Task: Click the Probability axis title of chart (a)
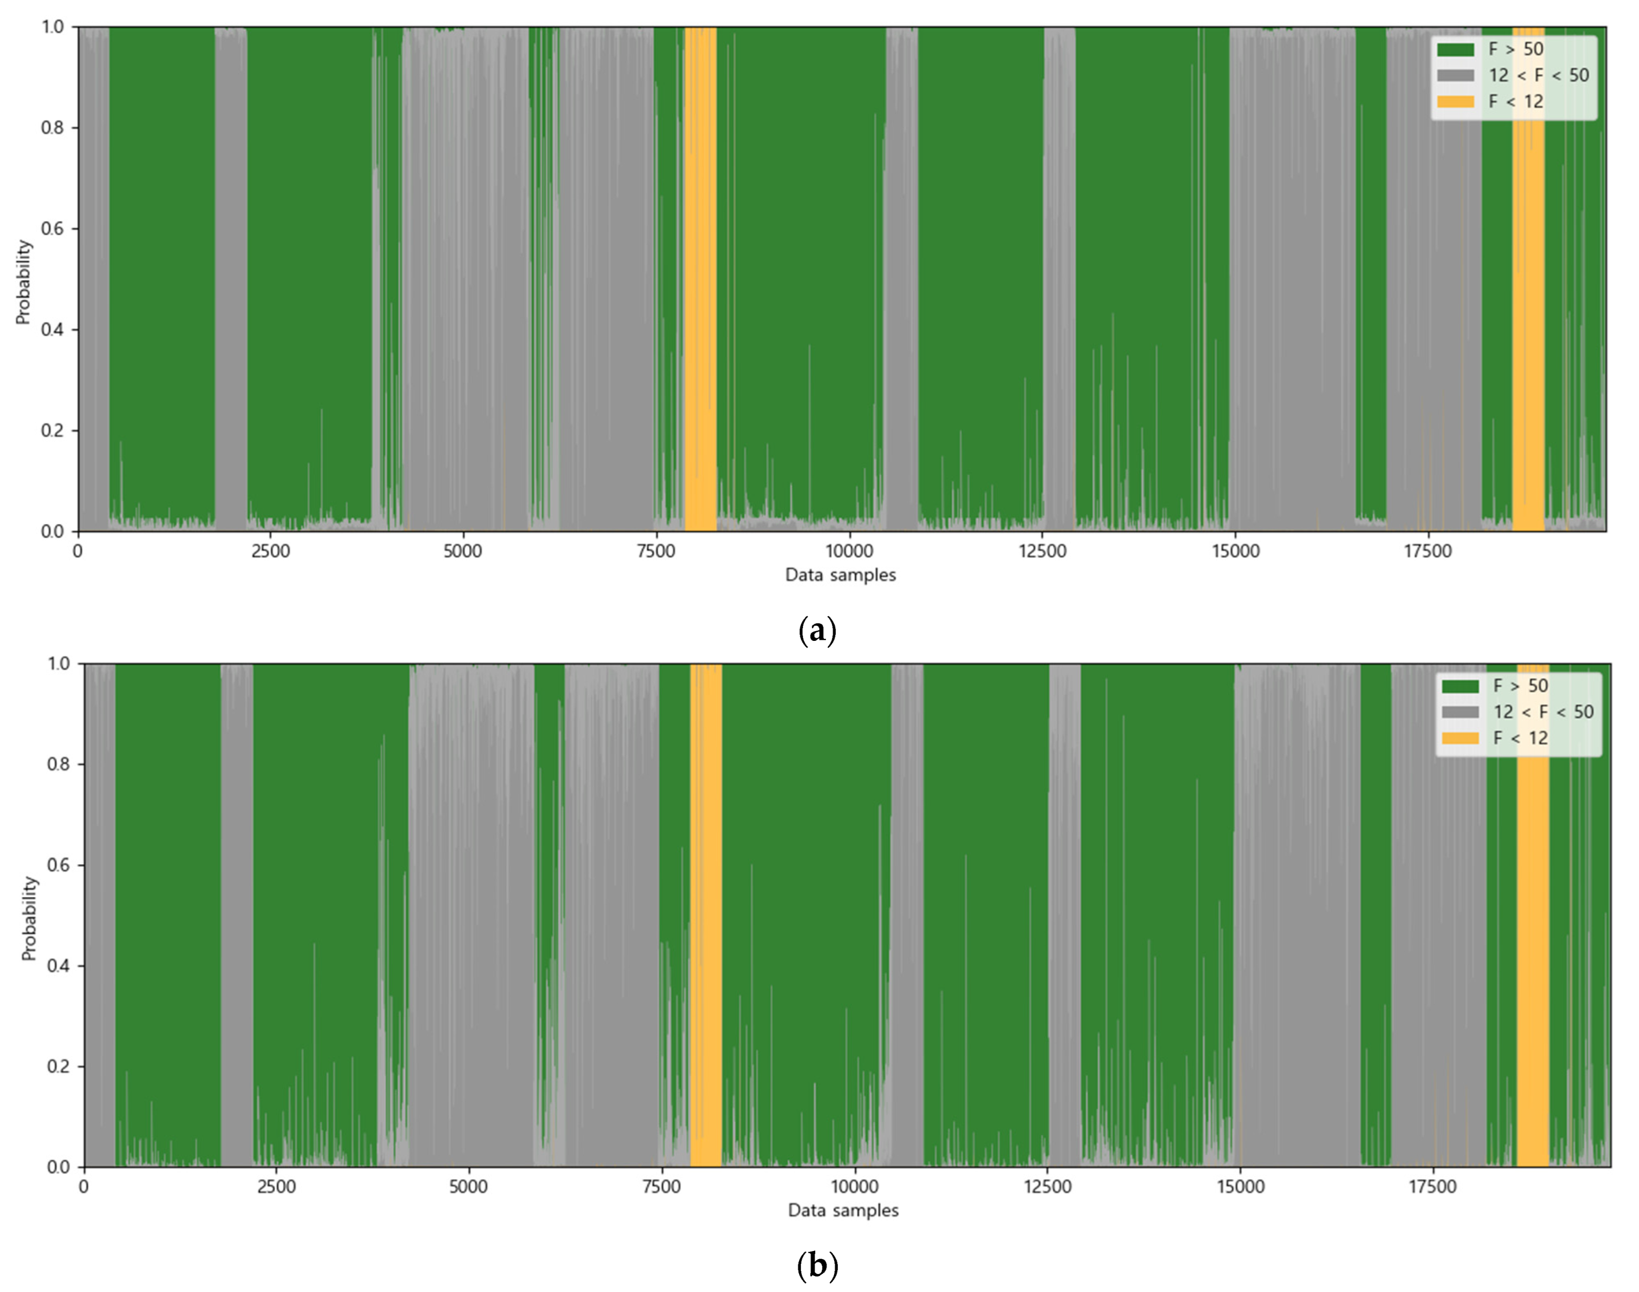pos(24,281)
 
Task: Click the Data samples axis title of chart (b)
pos(843,1211)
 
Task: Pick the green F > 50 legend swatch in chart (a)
pos(1455,50)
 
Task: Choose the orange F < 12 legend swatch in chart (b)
pos(1460,738)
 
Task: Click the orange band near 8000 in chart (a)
pos(700,280)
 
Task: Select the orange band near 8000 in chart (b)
pos(706,915)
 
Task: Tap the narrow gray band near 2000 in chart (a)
pos(231,280)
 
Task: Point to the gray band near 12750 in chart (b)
pos(1065,915)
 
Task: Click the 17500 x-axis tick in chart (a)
pos(1427,551)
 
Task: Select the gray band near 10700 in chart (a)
pos(902,280)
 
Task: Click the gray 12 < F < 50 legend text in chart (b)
pos(1543,712)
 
